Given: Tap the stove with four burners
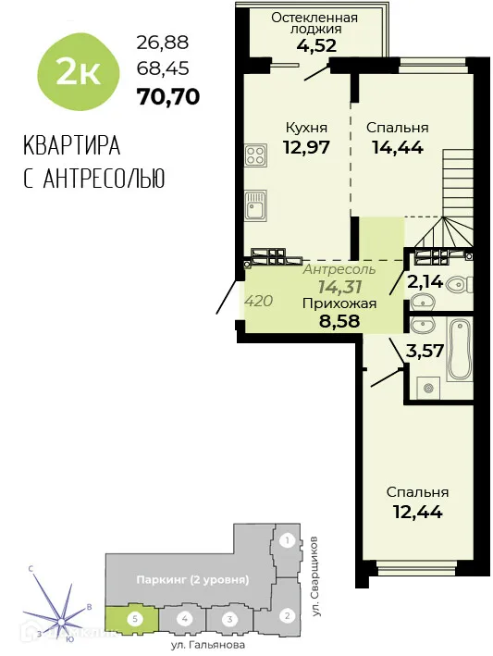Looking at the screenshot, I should click(x=256, y=155).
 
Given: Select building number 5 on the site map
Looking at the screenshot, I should click(x=134, y=617).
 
